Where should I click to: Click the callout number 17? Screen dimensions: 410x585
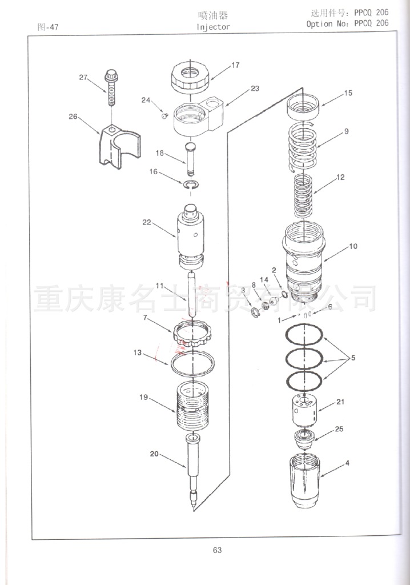click(x=235, y=65)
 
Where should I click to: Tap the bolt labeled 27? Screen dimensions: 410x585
click(x=111, y=87)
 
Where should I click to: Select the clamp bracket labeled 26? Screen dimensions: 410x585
click(x=120, y=144)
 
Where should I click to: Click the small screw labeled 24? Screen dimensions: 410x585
click(x=164, y=117)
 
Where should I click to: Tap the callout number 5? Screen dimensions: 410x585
click(x=353, y=358)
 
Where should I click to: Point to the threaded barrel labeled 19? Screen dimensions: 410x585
click(x=192, y=407)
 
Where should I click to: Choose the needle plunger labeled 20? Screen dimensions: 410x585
click(x=193, y=471)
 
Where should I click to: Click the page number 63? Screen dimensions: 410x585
click(x=217, y=550)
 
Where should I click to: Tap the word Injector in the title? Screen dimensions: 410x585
click(x=213, y=27)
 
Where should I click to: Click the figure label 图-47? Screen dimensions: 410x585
click(x=48, y=27)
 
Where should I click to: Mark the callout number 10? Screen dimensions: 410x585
click(x=353, y=246)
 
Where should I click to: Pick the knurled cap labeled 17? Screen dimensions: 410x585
click(x=191, y=77)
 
